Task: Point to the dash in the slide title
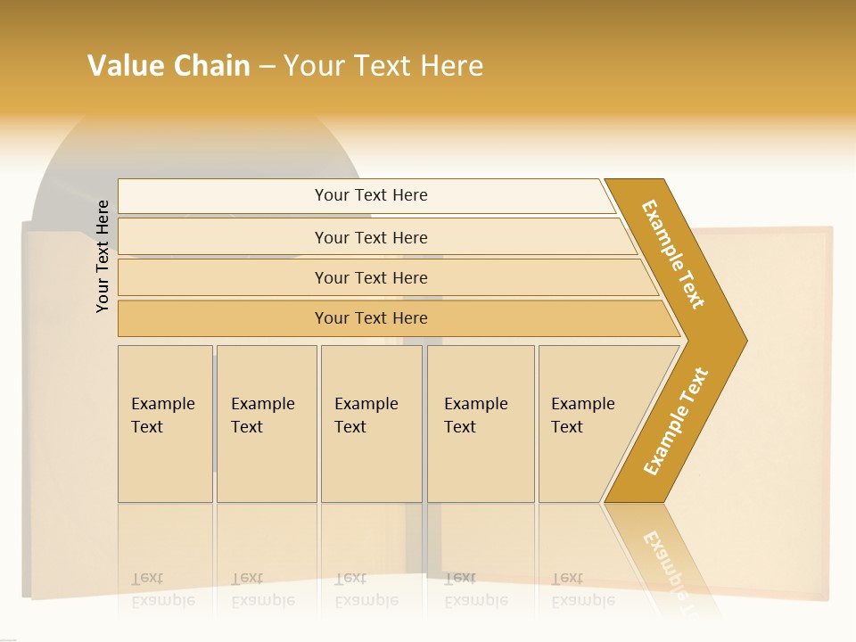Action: coord(267,66)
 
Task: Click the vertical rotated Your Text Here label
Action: coord(103,256)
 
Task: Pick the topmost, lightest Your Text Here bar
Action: coord(370,195)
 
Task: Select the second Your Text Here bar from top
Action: coord(370,237)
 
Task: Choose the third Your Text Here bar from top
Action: coord(370,277)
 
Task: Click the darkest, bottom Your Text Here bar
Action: coord(370,318)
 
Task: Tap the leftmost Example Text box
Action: coord(165,424)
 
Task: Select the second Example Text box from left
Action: coord(267,424)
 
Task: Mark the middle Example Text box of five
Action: coord(371,424)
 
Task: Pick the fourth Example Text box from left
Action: coord(481,424)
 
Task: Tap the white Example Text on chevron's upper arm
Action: coord(673,254)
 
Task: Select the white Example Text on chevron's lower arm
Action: coord(675,422)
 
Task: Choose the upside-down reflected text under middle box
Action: coord(366,589)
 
